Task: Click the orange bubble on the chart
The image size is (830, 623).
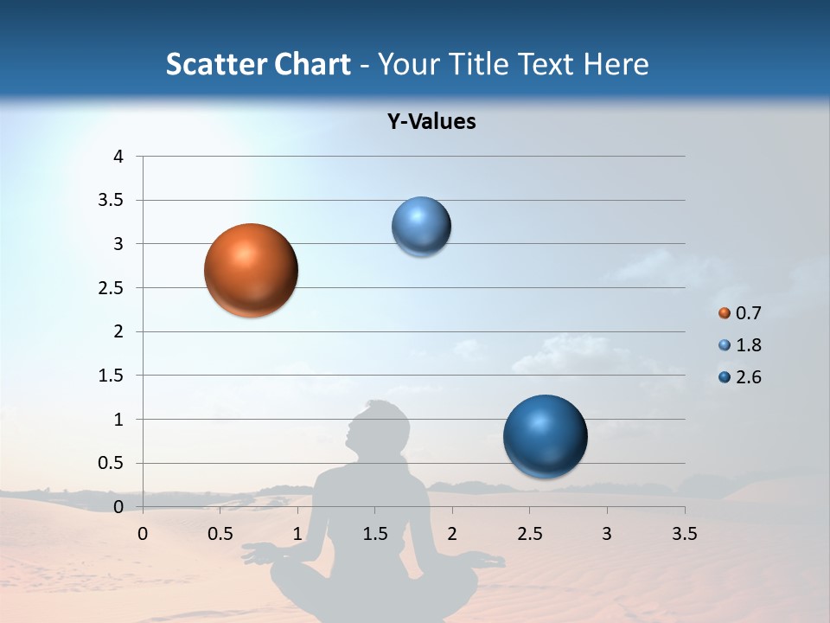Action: click(252, 270)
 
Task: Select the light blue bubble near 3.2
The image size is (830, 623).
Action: click(421, 226)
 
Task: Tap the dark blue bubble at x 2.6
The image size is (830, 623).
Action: click(545, 436)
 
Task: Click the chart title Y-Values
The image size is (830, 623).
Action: click(431, 121)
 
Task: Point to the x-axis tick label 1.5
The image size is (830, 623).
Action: click(374, 533)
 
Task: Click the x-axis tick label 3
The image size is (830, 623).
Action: click(607, 533)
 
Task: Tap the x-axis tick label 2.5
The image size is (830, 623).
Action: click(529, 533)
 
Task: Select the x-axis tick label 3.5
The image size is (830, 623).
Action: click(684, 533)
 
